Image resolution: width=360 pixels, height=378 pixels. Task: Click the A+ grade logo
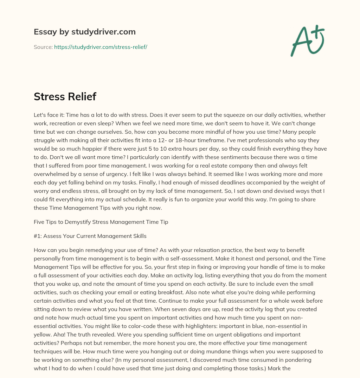click(x=307, y=40)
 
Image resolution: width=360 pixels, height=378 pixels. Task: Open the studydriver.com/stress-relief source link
click(x=101, y=47)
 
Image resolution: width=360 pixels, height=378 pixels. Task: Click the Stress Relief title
click(x=65, y=97)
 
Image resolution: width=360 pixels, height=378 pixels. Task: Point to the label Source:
click(x=43, y=47)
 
